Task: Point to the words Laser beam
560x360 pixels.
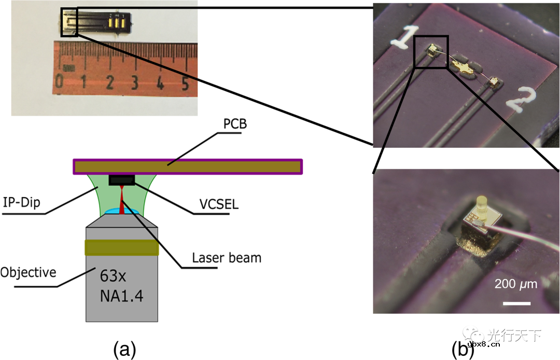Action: tap(227, 257)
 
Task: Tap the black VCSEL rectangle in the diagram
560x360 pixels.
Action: tap(122, 180)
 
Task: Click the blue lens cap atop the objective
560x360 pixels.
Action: tap(121, 211)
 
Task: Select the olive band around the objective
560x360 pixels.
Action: tap(122, 247)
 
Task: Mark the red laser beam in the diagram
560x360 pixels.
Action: tap(121, 200)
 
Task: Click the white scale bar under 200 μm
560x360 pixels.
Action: tap(516, 302)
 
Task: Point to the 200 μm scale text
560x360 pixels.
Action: tap(515, 284)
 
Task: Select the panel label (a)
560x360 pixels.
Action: tap(124, 350)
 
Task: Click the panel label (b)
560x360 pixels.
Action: tap(463, 351)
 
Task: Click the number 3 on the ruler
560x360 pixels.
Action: tap(135, 82)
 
